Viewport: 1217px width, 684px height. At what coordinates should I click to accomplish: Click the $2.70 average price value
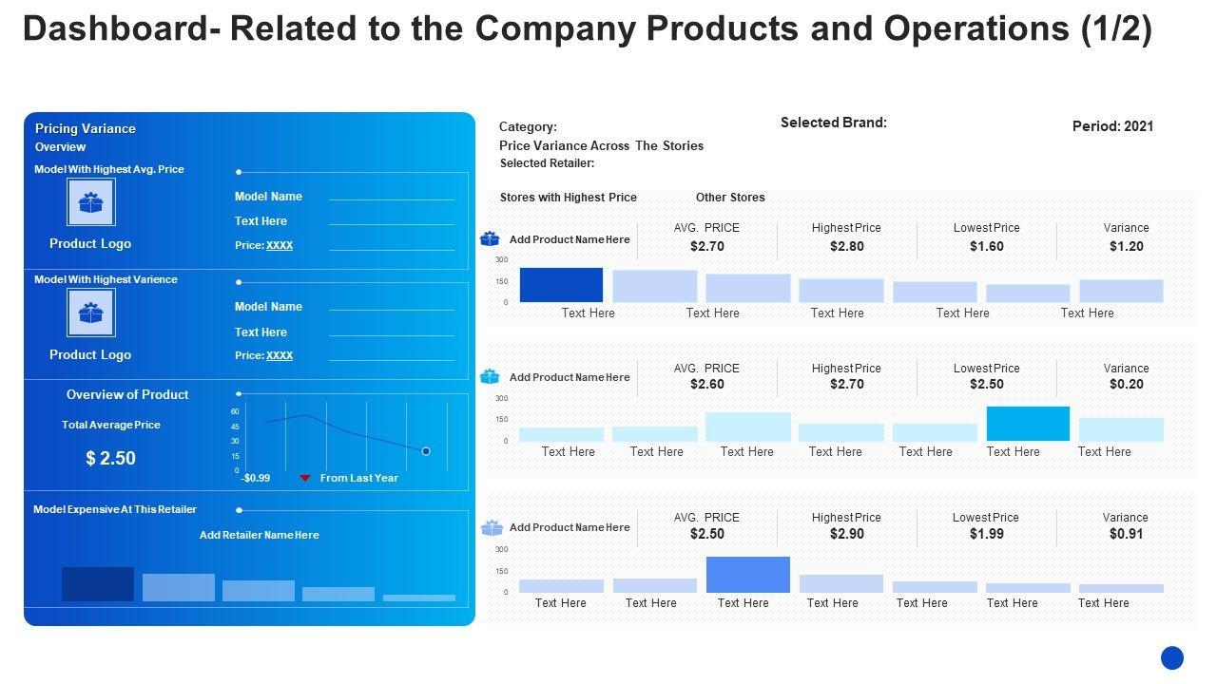tap(707, 246)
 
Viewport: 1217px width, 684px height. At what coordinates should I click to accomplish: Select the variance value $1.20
tap(1126, 246)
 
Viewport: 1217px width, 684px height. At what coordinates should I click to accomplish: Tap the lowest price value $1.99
tap(986, 534)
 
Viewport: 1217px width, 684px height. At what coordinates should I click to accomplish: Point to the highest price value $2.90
tap(846, 534)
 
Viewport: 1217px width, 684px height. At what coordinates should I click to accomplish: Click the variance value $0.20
tap(1126, 384)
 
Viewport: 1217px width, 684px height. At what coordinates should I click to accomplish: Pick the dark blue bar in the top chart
tap(561, 285)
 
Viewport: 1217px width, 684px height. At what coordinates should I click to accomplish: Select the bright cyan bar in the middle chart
tap(1028, 424)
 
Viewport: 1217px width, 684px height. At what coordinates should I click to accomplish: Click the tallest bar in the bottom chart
tap(747, 575)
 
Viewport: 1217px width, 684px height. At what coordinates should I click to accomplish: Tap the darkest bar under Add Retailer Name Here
tap(98, 584)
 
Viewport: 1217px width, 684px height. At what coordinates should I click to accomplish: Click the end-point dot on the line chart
tap(426, 451)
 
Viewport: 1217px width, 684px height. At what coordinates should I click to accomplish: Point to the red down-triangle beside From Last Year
tap(305, 478)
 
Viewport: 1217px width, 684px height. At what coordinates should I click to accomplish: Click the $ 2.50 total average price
tap(110, 458)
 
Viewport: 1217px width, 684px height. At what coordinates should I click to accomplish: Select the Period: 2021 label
tap(1112, 126)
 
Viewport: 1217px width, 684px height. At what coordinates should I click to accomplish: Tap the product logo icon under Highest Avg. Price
tap(91, 202)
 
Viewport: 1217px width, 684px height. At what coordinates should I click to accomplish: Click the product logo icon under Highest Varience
tap(91, 313)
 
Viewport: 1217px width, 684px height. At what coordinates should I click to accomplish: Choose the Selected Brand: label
tap(833, 123)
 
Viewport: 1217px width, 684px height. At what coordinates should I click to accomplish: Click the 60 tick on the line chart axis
tap(235, 411)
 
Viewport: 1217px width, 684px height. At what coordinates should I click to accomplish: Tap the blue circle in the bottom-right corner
tap(1172, 657)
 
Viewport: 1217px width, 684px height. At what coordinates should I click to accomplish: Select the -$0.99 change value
tap(256, 478)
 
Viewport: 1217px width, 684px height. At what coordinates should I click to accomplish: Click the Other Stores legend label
tap(730, 198)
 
